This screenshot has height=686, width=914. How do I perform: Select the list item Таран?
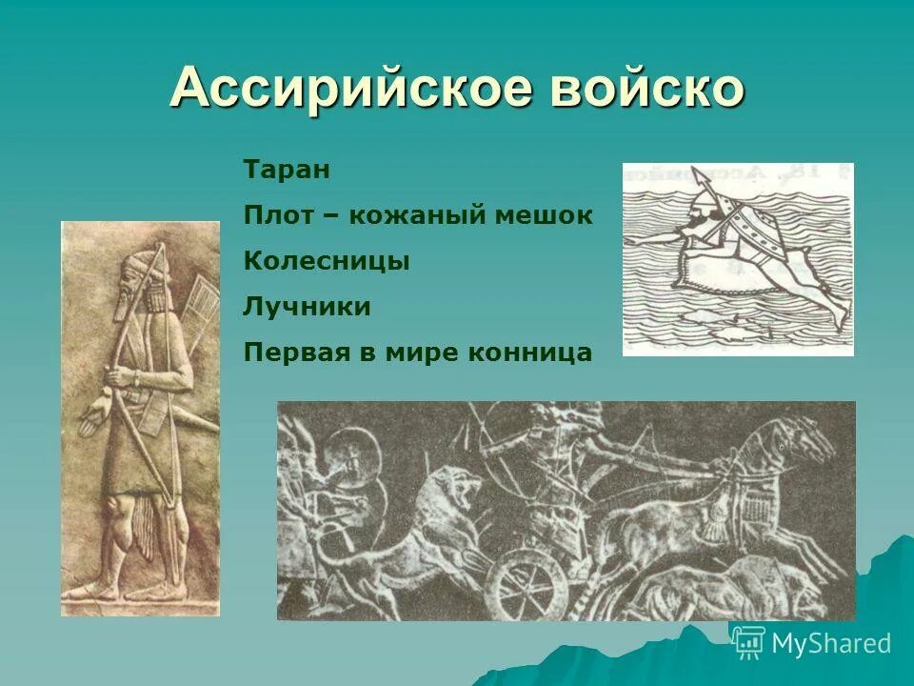coord(287,171)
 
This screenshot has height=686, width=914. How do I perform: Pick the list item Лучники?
coord(307,307)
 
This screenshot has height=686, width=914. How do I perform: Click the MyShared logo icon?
coord(749,643)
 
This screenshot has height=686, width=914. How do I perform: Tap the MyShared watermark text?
coord(831,644)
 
